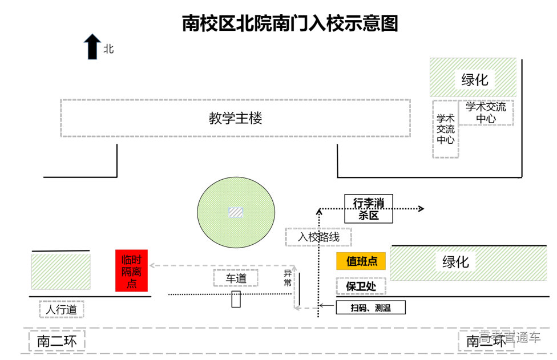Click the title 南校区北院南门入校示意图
[289, 23]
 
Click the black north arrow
[92, 46]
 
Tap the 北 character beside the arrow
[108, 49]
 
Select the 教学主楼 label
[235, 119]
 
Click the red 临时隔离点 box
[131, 270]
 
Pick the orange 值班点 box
[361, 261]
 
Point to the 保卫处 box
[361, 286]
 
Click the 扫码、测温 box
[370, 308]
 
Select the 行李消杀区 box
[369, 209]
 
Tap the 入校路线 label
[318, 237]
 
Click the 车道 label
[236, 278]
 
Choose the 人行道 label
[62, 310]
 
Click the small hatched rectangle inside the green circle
[235, 212]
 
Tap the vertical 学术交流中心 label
[446, 129]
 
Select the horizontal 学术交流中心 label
[486, 112]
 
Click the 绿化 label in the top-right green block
[474, 79]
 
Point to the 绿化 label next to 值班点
[455, 262]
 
